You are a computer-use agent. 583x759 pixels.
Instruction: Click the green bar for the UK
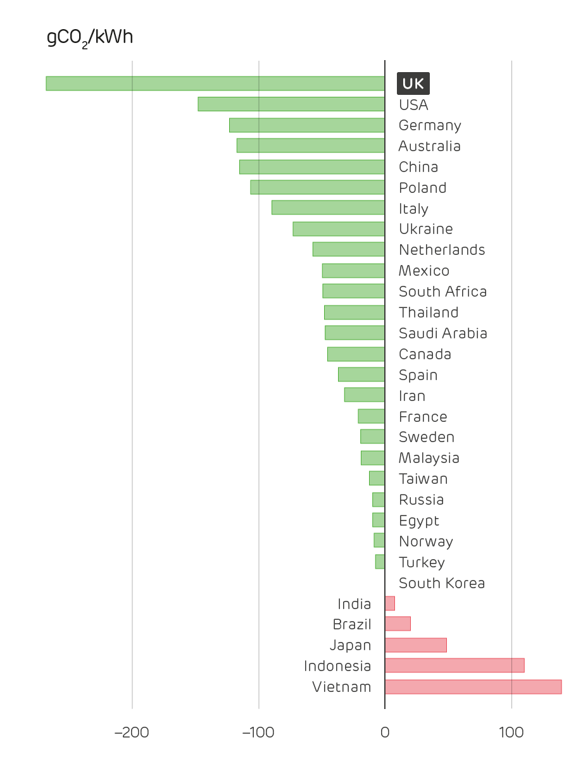click(215, 83)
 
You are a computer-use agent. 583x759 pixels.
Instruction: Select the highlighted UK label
click(413, 83)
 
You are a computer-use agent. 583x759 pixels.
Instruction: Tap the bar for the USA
click(291, 104)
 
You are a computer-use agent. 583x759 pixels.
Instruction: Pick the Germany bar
click(307, 125)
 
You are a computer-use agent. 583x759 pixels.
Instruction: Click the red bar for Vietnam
click(473, 687)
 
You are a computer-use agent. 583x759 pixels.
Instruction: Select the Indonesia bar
click(454, 666)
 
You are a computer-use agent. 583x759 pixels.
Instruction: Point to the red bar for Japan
click(415, 645)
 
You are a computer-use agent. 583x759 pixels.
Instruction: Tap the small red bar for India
click(390, 603)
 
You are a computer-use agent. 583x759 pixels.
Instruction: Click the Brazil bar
click(398, 624)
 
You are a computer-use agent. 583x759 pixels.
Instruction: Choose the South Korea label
click(442, 583)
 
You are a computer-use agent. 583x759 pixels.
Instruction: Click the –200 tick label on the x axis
click(132, 733)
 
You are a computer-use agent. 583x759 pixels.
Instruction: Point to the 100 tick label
click(511, 733)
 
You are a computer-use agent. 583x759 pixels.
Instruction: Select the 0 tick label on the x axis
click(385, 733)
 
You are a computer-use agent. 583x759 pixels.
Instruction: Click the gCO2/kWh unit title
click(90, 38)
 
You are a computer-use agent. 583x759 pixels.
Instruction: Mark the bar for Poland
click(318, 187)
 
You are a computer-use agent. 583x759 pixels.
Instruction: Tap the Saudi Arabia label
click(443, 333)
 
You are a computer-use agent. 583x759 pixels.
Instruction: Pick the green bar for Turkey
click(380, 562)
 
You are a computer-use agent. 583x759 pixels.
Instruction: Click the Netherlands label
click(442, 250)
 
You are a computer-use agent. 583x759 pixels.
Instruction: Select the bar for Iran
click(365, 395)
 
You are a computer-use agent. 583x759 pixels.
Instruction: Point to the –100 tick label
click(258, 733)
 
